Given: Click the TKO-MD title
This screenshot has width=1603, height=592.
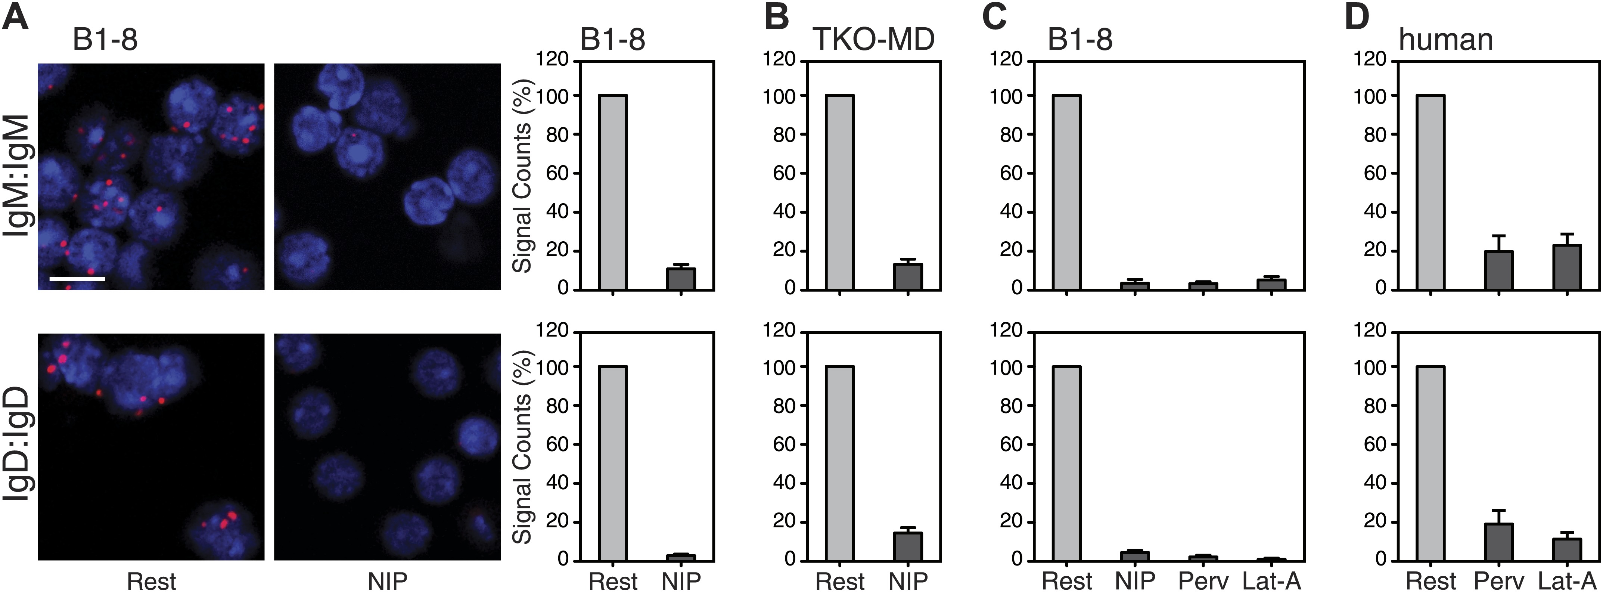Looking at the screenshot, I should point(874,40).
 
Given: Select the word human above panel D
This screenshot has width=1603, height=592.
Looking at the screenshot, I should point(1445,40).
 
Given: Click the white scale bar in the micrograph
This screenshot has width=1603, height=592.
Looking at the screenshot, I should point(77,279).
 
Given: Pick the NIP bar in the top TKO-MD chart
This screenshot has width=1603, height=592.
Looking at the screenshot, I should point(908,277).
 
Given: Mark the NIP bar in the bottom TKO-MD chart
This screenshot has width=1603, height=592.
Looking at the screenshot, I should point(908,546).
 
